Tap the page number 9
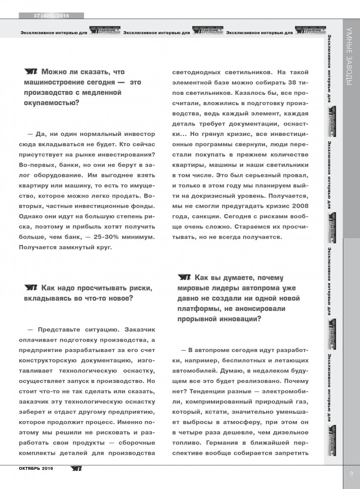[x=351, y=473]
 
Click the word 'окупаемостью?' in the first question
[x=48, y=103]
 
